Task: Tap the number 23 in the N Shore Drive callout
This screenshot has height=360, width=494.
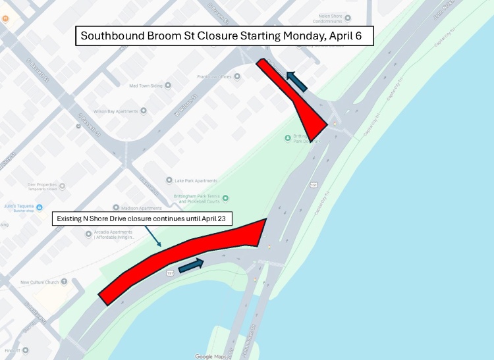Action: [x=223, y=219]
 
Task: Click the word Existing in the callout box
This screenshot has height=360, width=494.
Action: [x=70, y=219]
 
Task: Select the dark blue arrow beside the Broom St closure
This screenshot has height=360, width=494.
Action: [x=297, y=81]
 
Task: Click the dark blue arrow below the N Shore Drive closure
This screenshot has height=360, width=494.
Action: [x=191, y=265]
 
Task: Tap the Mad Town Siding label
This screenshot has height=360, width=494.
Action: [x=146, y=86]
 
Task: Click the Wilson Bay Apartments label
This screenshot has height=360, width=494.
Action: [x=117, y=111]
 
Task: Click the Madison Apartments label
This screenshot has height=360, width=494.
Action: [x=142, y=208]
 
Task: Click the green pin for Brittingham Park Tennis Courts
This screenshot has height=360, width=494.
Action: [x=226, y=197]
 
